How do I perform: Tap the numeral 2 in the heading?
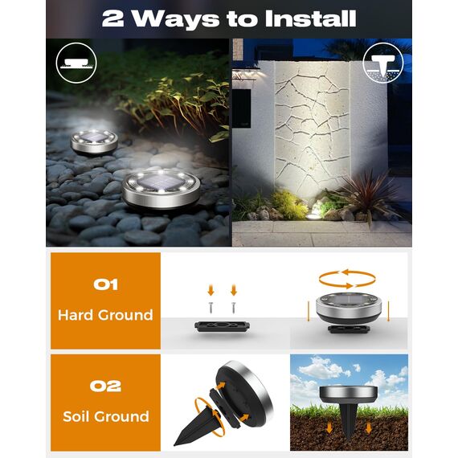tap(112, 18)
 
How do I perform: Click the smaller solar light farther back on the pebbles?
tap(94, 141)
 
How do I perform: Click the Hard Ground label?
tap(105, 315)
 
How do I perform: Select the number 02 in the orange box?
tap(105, 386)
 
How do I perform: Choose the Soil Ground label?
tap(105, 416)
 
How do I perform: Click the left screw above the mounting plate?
tap(210, 308)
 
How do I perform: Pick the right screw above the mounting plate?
tap(233, 308)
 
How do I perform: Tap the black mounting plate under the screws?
tap(221, 327)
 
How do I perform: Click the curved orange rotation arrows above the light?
tap(347, 279)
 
